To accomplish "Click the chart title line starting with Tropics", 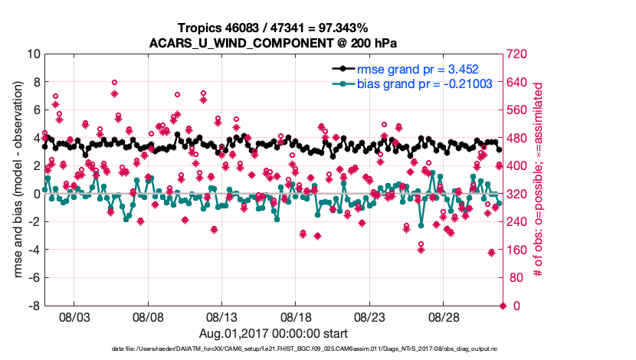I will [x=274, y=28].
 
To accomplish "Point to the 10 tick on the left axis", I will [x=32, y=54].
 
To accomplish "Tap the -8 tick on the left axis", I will [x=33, y=306].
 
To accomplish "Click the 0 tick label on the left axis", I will [x=36, y=194].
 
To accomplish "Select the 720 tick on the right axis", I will [x=519, y=54].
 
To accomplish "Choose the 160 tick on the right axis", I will [x=519, y=250].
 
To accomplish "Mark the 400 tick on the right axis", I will [x=519, y=166].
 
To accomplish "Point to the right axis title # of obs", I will [x=539, y=180].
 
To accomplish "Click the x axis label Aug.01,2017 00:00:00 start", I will [x=274, y=333].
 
